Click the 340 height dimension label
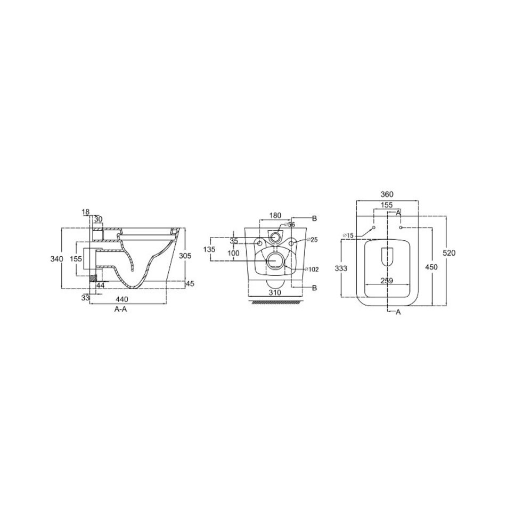pyautogui.click(x=56, y=258)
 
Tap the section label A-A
pyautogui.click(x=121, y=309)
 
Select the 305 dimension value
pyautogui.click(x=185, y=256)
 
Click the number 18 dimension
pyautogui.click(x=86, y=212)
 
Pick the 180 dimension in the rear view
pyautogui.click(x=275, y=215)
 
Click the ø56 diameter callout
pyautogui.click(x=290, y=225)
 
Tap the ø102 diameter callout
pyautogui.click(x=312, y=270)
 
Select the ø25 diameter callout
pyautogui.click(x=312, y=240)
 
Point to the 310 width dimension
pyautogui.click(x=275, y=293)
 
